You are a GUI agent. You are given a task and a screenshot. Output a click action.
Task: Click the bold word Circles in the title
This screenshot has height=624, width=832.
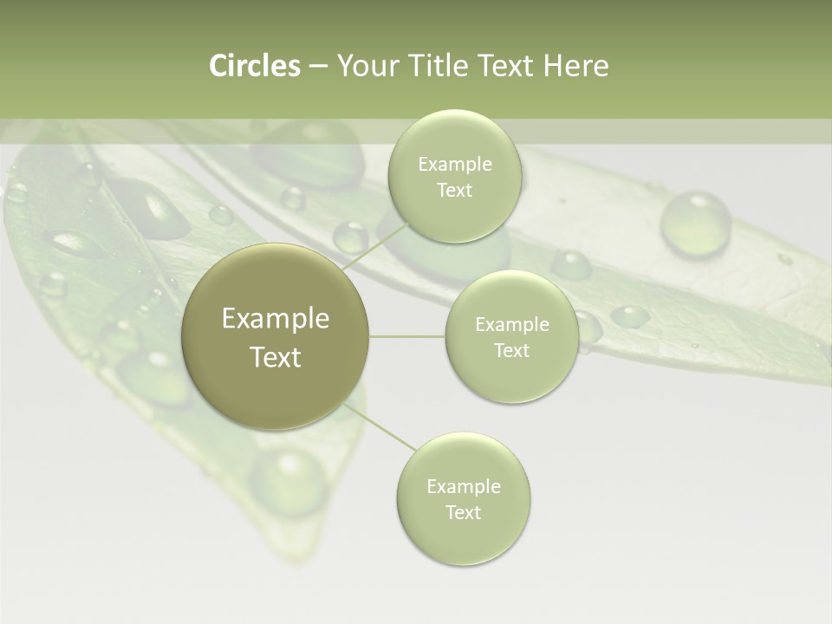[254, 66]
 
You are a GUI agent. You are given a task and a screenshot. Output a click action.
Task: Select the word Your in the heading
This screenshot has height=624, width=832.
[367, 66]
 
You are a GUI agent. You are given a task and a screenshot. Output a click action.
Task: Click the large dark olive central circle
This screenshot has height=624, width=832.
[275, 336]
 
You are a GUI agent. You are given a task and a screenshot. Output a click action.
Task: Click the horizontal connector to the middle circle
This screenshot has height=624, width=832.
[407, 336]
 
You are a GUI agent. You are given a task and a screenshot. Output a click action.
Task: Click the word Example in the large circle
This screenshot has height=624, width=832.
[275, 318]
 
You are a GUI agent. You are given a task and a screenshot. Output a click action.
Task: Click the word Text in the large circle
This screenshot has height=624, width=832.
[275, 357]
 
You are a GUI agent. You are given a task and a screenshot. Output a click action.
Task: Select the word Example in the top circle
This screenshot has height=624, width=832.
[454, 165]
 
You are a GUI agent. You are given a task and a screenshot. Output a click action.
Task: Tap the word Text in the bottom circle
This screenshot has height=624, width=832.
[463, 512]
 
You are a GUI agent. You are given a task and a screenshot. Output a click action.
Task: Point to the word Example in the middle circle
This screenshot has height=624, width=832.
[512, 325]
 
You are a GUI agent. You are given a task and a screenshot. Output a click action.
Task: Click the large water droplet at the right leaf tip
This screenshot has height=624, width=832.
[695, 224]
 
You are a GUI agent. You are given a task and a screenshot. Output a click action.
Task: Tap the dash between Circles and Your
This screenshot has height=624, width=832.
[317, 67]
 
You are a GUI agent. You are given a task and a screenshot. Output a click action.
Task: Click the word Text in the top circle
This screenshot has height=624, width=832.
[454, 191]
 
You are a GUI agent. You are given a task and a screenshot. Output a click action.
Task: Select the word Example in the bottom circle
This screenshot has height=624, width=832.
[463, 486]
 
